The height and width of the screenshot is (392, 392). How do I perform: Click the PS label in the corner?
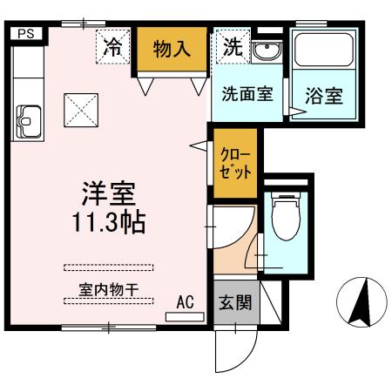click(x=26, y=33)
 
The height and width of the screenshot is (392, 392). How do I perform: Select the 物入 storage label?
click(x=172, y=48)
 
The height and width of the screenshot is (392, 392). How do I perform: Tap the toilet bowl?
click(x=285, y=219)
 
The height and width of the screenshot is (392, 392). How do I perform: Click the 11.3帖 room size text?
click(x=109, y=220)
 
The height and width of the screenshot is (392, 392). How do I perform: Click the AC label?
click(x=185, y=302)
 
